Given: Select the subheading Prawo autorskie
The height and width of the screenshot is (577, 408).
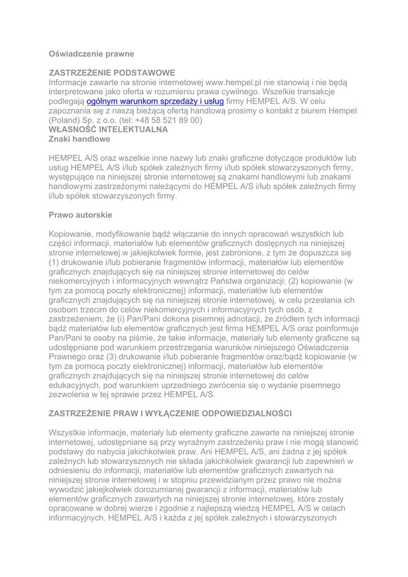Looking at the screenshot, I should [81, 215].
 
